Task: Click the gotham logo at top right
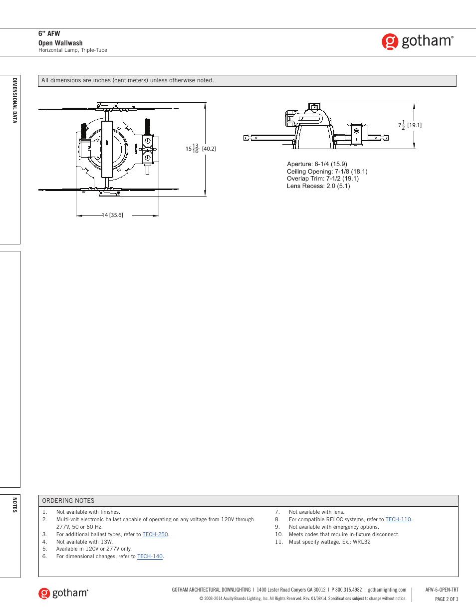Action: (x=418, y=41)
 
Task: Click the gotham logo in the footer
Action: (x=63, y=593)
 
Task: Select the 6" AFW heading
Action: (x=49, y=34)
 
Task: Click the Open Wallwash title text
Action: (x=60, y=43)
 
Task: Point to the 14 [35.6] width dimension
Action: (x=113, y=215)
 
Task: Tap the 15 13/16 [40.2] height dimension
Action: (x=201, y=149)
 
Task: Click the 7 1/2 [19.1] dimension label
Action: (x=410, y=125)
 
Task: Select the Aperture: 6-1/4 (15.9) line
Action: (x=317, y=164)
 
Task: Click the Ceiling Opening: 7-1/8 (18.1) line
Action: (x=327, y=172)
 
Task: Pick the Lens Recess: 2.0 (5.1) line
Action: (x=318, y=186)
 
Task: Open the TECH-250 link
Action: (x=155, y=534)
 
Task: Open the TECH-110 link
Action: (x=398, y=519)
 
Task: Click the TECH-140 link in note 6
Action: (x=150, y=556)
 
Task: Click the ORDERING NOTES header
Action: (x=68, y=501)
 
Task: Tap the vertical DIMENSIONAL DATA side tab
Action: (x=14, y=100)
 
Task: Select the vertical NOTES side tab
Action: (x=14, y=505)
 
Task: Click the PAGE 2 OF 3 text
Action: (x=447, y=599)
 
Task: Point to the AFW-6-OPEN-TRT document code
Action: (x=442, y=590)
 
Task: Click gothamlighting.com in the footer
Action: (x=387, y=590)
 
